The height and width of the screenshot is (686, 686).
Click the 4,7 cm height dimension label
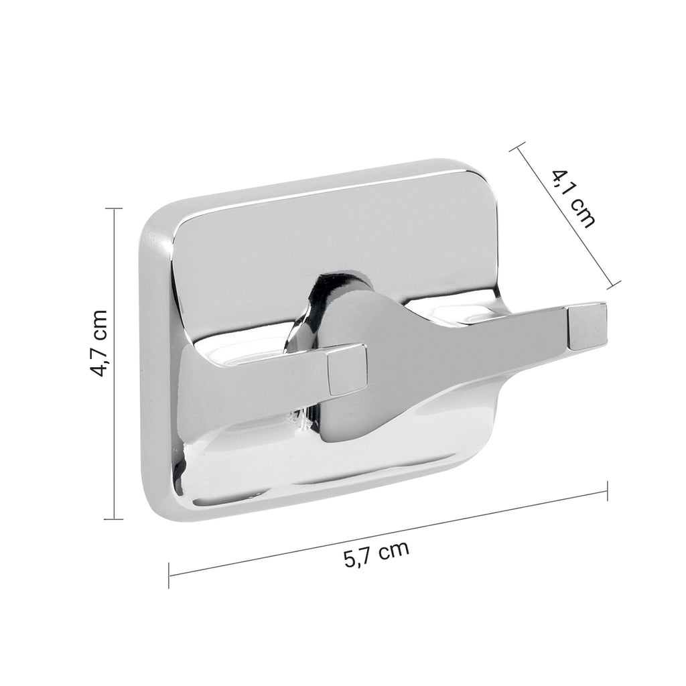pos(98,343)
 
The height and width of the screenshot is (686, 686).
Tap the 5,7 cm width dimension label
pos(376,555)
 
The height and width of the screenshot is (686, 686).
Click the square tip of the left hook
pos(347,368)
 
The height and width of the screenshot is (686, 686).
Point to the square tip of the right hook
pos(586,326)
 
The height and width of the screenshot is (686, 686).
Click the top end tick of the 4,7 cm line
pos(114,208)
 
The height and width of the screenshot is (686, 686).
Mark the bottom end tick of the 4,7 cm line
pos(114,518)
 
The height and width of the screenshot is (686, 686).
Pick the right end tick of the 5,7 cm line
pos(607,491)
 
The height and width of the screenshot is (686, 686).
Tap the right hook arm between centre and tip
pos(509,324)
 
